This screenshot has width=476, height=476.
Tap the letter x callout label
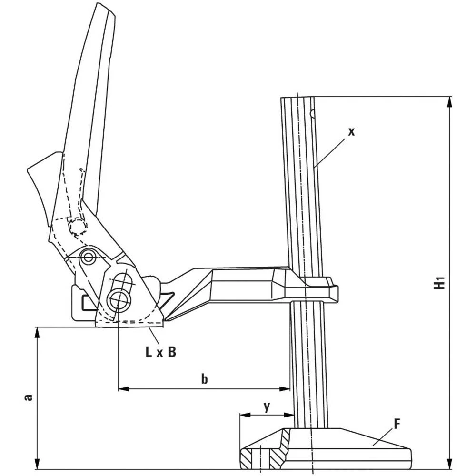pyautogui.click(x=351, y=132)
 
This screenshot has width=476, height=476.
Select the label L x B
pyautogui.click(x=161, y=352)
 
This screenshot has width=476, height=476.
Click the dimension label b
pyautogui.click(x=204, y=379)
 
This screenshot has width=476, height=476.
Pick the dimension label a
pyautogui.click(x=28, y=397)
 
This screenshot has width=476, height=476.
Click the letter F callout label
pyautogui.click(x=397, y=423)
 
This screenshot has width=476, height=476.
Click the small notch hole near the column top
pyautogui.click(x=312, y=114)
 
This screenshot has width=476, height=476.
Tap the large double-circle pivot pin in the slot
pyautogui.click(x=117, y=299)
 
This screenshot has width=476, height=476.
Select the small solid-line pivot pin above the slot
pyautogui.click(x=87, y=257)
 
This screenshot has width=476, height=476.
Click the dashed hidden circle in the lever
pyautogui.click(x=77, y=227)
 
